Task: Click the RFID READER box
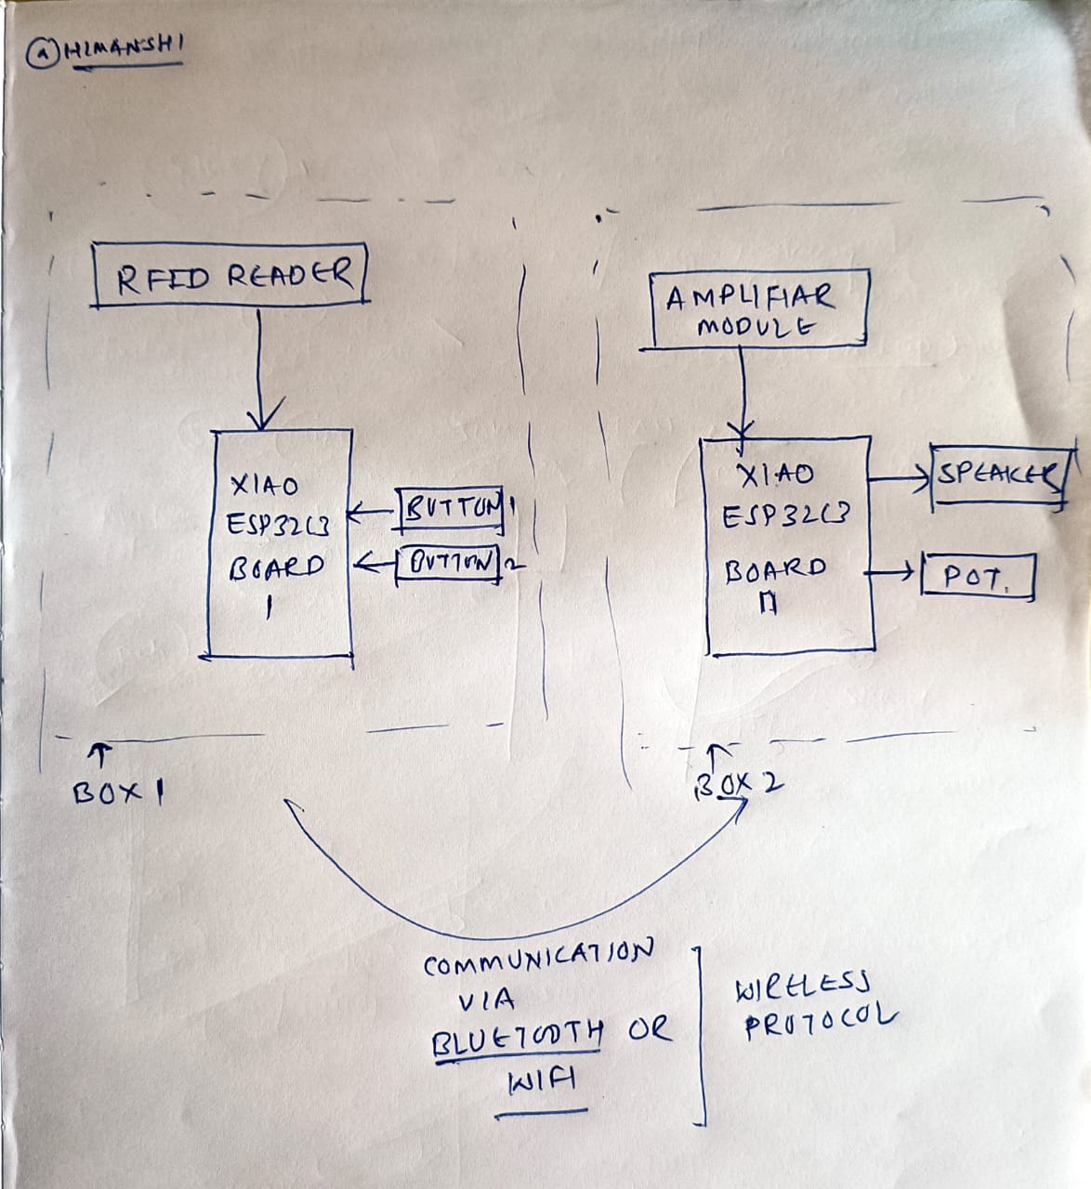pyautogui.click(x=231, y=275)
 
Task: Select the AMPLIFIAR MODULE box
pyautogui.click(x=760, y=310)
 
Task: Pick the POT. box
pyautogui.click(x=977, y=578)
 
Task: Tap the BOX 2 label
pyautogui.click(x=739, y=786)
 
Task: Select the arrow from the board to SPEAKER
pyautogui.click(x=899, y=479)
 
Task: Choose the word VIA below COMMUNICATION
pyautogui.click(x=486, y=1000)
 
